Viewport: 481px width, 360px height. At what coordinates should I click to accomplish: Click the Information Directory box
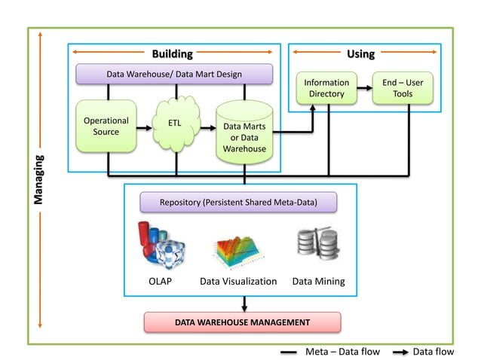coord(326,88)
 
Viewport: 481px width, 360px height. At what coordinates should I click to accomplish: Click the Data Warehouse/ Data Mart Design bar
coord(174,74)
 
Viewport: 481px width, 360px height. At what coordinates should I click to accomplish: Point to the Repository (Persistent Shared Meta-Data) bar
coord(238,203)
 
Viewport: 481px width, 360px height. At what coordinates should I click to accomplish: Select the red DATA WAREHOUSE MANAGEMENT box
coord(242,322)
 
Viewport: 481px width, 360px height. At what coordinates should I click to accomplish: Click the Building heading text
coord(173,53)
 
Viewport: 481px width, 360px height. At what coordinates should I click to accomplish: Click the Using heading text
coord(360,53)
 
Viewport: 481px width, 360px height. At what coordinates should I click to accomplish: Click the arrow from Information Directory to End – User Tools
coord(366,88)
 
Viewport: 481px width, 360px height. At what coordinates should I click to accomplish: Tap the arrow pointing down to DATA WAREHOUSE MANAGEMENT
coord(245,303)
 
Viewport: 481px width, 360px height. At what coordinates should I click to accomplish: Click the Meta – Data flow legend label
coord(342,351)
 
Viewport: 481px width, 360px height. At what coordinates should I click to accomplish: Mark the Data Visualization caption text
coord(238,281)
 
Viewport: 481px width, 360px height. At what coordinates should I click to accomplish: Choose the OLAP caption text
coord(161,281)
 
